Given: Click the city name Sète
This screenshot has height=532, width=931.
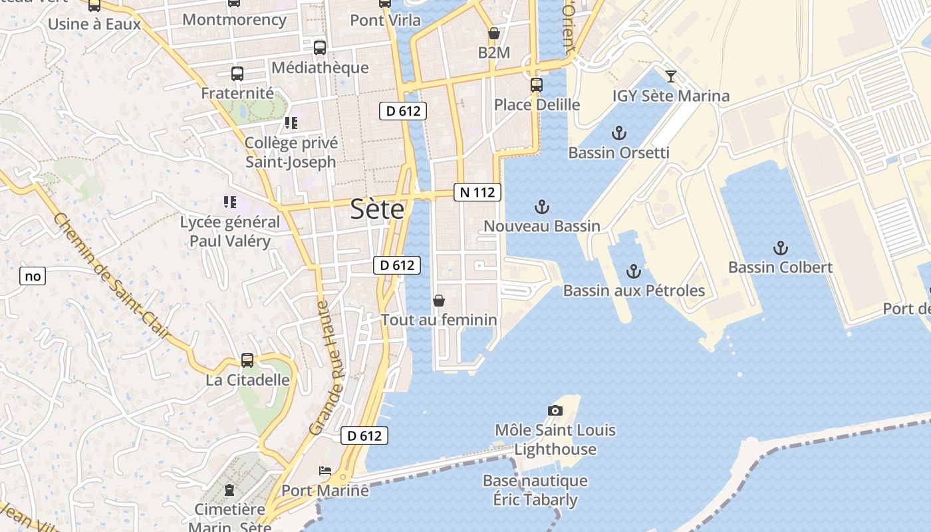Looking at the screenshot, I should [x=377, y=209].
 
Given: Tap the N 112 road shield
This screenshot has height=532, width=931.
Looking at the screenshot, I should [x=477, y=192].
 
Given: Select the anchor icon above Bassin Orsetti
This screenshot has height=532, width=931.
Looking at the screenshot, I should [x=619, y=133].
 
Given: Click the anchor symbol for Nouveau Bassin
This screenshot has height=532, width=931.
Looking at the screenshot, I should [x=542, y=207].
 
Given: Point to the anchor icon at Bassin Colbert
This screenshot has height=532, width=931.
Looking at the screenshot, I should [x=780, y=249].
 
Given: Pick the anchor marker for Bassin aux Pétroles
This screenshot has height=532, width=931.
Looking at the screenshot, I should [x=633, y=271].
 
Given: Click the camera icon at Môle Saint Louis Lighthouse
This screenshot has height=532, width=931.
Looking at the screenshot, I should [x=555, y=410].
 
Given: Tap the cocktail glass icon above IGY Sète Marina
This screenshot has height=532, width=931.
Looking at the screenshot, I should [x=671, y=76].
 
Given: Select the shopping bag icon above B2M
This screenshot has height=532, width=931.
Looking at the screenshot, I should [x=494, y=33].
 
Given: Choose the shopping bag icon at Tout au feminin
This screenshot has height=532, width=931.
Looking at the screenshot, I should [x=439, y=301].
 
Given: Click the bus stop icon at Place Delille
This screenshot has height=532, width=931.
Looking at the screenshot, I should [x=537, y=85].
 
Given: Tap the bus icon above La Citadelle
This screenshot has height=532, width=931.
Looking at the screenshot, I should [x=247, y=360].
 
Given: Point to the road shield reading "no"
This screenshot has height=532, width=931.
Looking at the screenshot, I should [x=32, y=276].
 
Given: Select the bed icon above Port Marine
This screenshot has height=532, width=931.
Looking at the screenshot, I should [x=325, y=471].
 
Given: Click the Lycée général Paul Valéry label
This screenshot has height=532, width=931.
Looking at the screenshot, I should [x=230, y=231].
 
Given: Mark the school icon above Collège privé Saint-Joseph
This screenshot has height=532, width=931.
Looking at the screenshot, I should [x=291, y=123].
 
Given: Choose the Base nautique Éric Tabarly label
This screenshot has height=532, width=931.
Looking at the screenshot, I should [x=535, y=490].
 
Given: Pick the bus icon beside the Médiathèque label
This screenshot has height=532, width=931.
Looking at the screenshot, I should [x=320, y=48].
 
